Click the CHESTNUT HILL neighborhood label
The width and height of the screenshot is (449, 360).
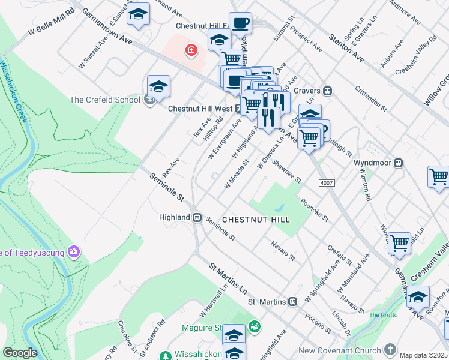pos(256,220)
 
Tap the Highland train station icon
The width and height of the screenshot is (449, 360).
pos(196,217)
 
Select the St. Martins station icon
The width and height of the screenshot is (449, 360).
pos(292,302)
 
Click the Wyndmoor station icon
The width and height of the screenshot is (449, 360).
pos(398,163)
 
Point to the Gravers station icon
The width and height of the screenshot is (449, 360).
pos(328,91)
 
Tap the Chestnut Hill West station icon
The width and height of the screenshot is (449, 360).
pos(238,109)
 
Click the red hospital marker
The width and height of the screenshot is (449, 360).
pos(191,50)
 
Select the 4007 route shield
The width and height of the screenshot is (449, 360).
pos(327,183)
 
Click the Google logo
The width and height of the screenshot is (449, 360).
pos(20,353)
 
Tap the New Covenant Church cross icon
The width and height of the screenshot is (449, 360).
pos(390,349)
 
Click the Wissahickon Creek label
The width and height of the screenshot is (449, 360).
pos(14,89)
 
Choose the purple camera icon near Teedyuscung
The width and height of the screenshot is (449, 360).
pos(74,251)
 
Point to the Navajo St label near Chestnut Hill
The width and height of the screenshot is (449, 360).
pos(283,249)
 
